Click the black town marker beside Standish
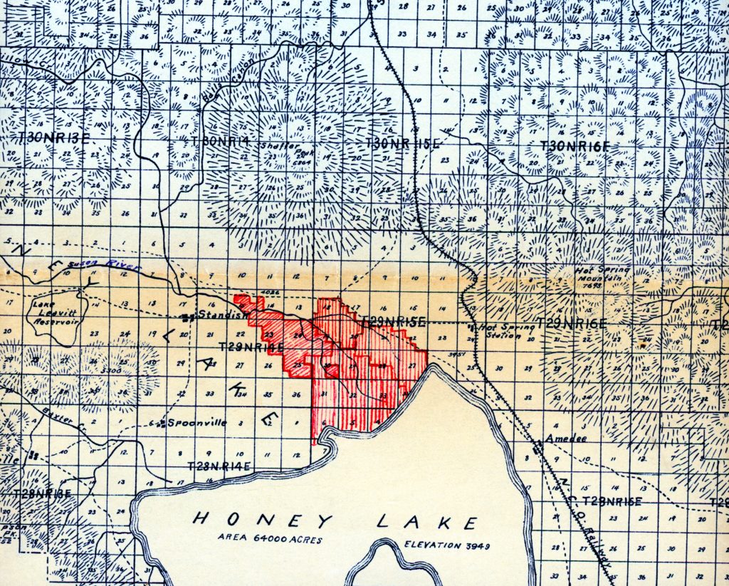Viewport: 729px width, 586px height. click(x=187, y=317)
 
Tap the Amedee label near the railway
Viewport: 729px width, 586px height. click(x=567, y=439)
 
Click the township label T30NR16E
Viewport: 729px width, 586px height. click(x=575, y=146)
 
